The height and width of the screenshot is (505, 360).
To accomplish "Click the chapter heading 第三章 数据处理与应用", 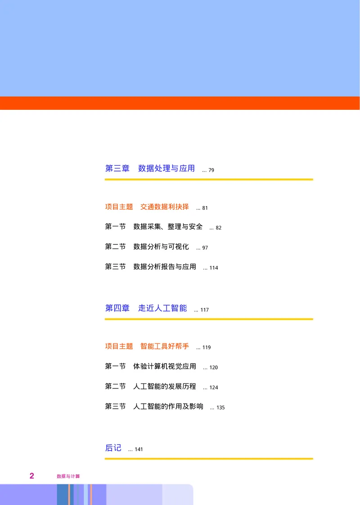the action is (x=150, y=168).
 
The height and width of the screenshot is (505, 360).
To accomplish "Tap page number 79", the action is (x=211, y=170).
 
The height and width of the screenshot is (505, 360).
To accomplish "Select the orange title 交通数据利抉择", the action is (x=165, y=207).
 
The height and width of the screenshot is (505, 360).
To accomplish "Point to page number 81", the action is (x=205, y=208).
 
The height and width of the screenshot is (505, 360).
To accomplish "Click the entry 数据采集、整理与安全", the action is (x=168, y=227).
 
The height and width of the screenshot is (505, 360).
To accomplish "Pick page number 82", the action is (x=219, y=228).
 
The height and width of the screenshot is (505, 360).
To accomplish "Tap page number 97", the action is (x=205, y=248).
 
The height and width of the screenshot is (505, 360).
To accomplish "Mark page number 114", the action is (x=213, y=268).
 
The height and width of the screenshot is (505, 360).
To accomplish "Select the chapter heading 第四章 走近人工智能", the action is (x=146, y=308).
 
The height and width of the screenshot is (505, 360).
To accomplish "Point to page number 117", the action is (x=204, y=310).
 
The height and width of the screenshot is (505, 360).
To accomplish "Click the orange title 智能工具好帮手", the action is (x=165, y=346).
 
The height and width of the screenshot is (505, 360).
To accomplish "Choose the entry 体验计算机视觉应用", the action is (x=165, y=366).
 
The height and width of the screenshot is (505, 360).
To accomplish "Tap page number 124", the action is (x=213, y=388).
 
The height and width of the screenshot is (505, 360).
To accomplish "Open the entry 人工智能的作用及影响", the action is (x=168, y=406).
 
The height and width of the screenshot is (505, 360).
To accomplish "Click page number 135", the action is (x=220, y=408).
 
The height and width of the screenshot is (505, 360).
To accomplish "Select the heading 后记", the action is (x=113, y=448).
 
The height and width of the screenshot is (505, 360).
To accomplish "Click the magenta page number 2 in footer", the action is (x=31, y=476).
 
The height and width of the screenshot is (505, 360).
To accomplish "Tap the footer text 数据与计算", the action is (x=68, y=476).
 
